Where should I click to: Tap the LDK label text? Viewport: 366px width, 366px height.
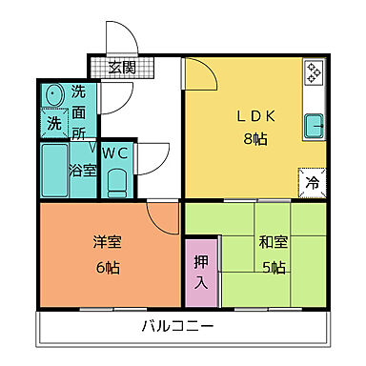(x=255, y=118)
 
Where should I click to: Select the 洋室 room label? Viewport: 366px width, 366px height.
(x=108, y=242)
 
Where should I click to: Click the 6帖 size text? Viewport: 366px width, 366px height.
(x=108, y=266)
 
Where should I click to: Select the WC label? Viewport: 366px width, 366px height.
(x=115, y=152)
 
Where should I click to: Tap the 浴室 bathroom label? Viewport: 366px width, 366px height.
(x=82, y=171)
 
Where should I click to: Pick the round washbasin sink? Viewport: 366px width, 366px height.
(x=53, y=95)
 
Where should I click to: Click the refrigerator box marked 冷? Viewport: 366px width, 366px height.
(x=313, y=181)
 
